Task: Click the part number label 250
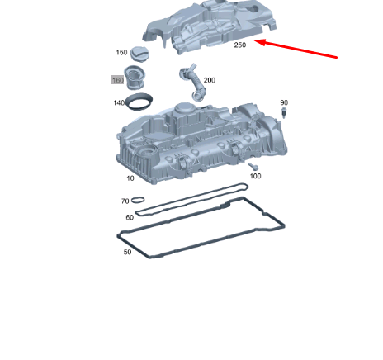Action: point(239,45)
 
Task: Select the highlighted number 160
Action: point(118,80)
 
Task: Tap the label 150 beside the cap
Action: point(121,53)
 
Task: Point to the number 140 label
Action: point(120,103)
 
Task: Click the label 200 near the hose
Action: point(209,80)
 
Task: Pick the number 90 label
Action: point(283,102)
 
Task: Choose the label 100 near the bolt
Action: point(255,176)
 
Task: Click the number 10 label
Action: point(130,178)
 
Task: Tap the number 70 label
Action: point(125,201)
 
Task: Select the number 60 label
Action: point(130,217)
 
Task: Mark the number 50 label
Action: point(127,252)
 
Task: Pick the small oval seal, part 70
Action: point(139,200)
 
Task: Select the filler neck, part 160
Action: point(137,80)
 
